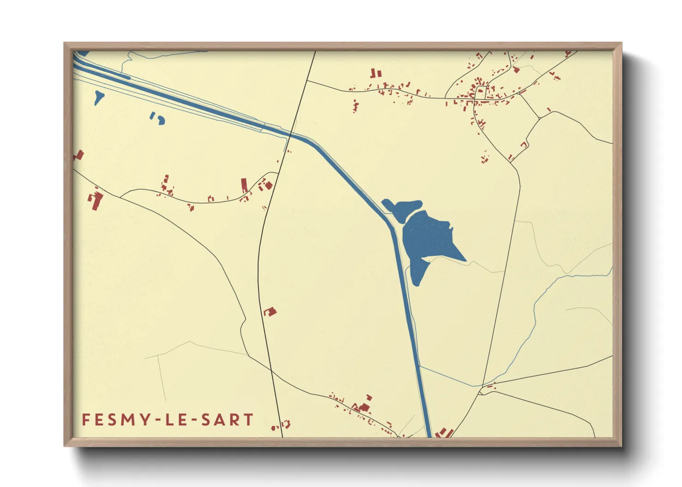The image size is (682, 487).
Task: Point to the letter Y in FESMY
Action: (x=146, y=420)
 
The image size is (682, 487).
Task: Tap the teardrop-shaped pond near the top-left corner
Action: (x=98, y=97)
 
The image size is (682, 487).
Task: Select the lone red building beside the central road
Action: (x=270, y=312)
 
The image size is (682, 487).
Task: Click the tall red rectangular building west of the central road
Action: (x=244, y=185)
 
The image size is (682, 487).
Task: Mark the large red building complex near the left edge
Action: (x=96, y=201)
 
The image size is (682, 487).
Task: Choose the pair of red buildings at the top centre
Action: (x=376, y=73)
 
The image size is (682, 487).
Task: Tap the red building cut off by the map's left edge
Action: (x=78, y=156)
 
